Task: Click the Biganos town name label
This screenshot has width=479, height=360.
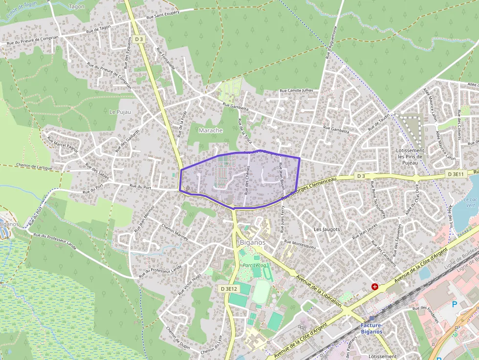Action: (x=253, y=242)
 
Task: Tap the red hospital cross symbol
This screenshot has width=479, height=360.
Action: (x=375, y=287)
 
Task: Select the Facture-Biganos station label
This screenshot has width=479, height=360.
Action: (x=371, y=328)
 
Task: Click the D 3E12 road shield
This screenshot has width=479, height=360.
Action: (x=228, y=289)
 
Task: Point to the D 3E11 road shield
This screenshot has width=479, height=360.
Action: (x=455, y=174)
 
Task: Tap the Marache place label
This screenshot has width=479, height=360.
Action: (x=211, y=130)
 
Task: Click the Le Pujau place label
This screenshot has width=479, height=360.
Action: (x=120, y=112)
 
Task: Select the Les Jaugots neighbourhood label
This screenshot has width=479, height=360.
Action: (x=326, y=229)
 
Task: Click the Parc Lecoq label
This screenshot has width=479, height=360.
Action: (x=255, y=265)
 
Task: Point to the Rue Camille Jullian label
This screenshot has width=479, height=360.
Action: (x=296, y=91)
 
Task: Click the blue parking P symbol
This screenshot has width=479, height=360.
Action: (x=455, y=304)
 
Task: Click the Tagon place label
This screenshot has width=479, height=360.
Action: (x=77, y=6)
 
